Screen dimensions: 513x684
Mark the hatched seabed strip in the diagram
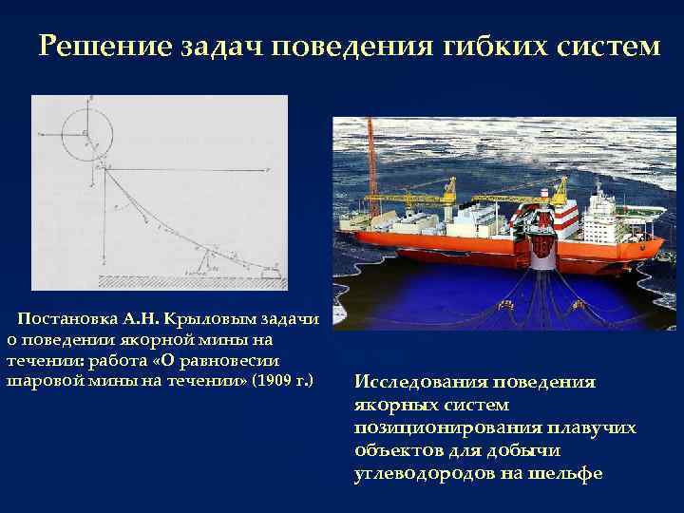pos(190,281)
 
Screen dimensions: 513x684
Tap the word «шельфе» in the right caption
pos(569,472)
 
